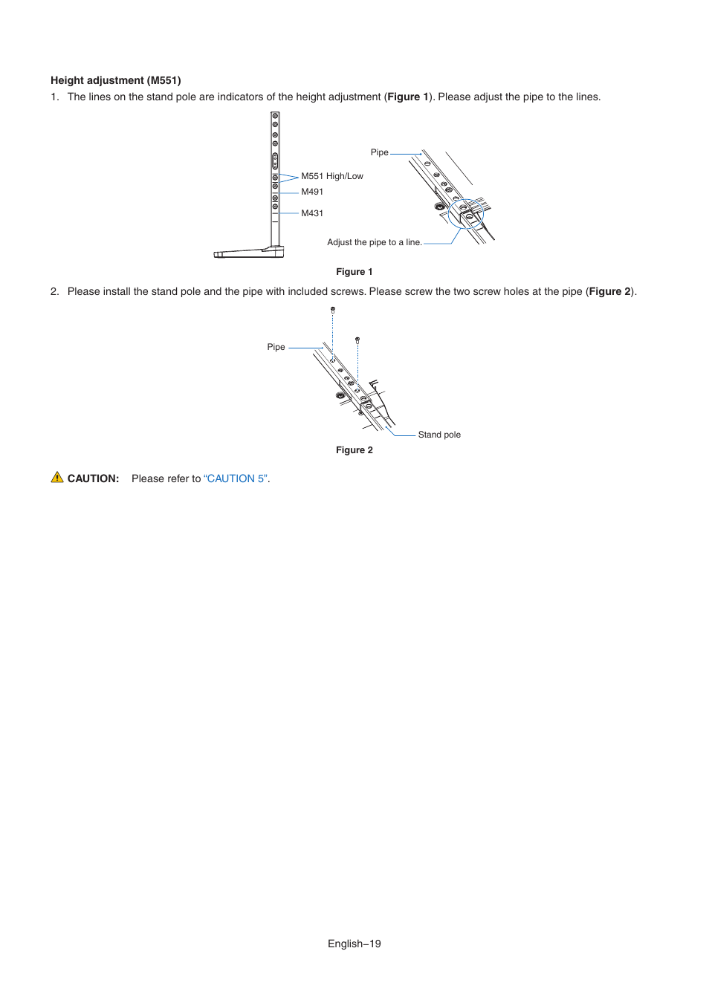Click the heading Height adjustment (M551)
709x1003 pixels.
[116, 80]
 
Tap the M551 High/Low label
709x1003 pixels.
[332, 176]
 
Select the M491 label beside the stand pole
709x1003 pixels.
[312, 192]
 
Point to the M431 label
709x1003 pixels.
[312, 213]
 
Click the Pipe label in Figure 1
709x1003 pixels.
[379, 152]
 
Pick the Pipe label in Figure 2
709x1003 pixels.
[276, 347]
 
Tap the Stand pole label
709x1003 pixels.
[439, 435]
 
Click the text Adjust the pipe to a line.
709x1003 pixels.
[375, 242]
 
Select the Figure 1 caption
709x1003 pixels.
[354, 272]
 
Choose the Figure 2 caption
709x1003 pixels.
[354, 450]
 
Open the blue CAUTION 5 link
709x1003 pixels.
[236, 478]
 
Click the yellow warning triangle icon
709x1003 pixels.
[57, 478]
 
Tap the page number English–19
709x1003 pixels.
[354, 944]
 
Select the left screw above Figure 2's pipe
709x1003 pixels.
[333, 309]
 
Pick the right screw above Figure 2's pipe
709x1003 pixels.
[357, 340]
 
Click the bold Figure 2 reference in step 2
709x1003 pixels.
[609, 291]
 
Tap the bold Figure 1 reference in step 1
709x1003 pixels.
[408, 97]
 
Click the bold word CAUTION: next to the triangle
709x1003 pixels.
[93, 478]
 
